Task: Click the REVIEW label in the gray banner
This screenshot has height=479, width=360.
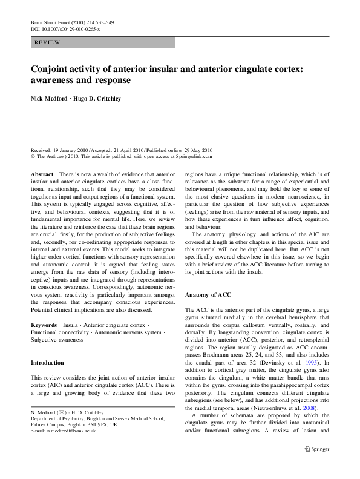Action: coord(48,42)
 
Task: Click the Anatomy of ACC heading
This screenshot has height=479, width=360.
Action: coord(208,294)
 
